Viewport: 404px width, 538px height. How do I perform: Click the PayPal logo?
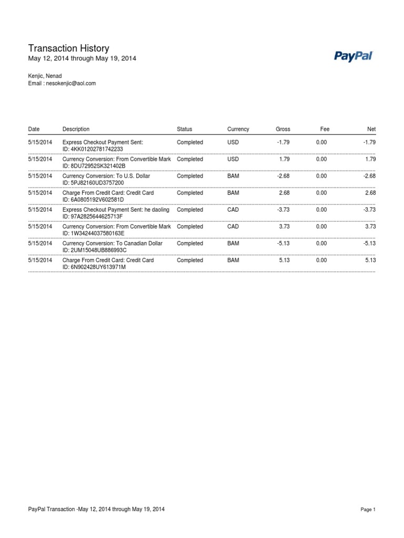click(x=353, y=56)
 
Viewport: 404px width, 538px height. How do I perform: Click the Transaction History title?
click(x=68, y=48)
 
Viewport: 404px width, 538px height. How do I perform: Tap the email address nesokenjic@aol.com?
click(x=70, y=84)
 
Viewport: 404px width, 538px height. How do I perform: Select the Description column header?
click(x=76, y=129)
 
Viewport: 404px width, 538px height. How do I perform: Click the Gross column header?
click(x=282, y=129)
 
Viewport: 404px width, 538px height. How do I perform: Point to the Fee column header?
click(x=325, y=129)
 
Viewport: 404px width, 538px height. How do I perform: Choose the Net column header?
click(x=371, y=129)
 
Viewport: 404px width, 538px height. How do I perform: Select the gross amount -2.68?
click(x=283, y=176)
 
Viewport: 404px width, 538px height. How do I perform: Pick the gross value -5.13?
click(x=283, y=243)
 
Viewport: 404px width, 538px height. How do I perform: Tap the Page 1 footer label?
click(x=368, y=510)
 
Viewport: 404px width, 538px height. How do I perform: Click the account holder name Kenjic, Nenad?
click(x=45, y=76)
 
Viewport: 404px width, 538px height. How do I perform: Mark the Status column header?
click(x=185, y=129)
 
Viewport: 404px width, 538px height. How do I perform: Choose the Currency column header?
click(x=238, y=129)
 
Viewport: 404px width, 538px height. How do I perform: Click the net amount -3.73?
click(x=369, y=210)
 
